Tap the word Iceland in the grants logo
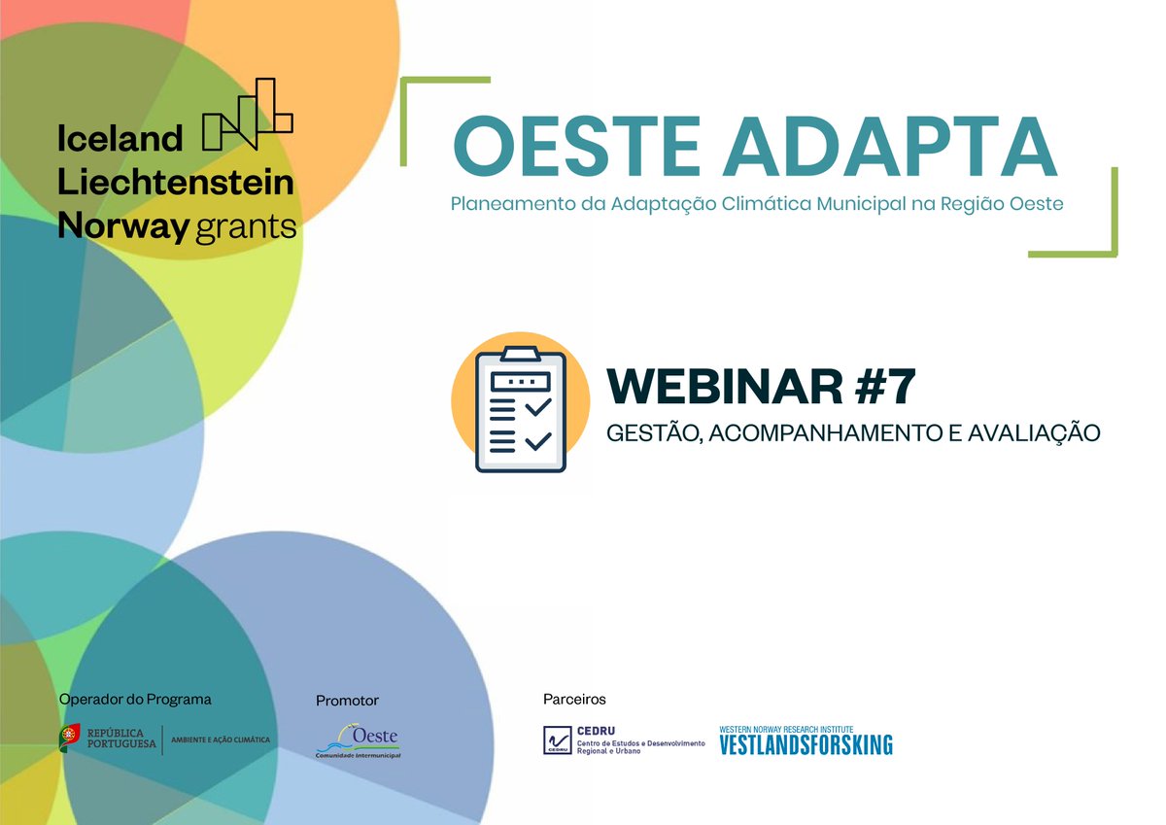(120, 138)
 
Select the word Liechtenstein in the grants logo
(175, 182)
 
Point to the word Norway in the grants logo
(122, 226)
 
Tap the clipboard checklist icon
(521, 408)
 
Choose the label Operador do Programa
(135, 699)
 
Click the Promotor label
(347, 701)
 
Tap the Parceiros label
(574, 699)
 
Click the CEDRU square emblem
(558, 740)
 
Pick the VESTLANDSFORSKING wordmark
(806, 744)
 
